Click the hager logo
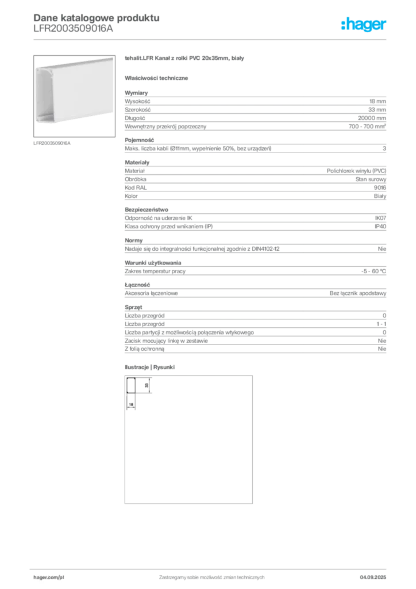click(363, 24)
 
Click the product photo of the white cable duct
click(74, 96)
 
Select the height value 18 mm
click(378, 101)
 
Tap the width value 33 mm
click(377, 110)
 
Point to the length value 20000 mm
click(372, 118)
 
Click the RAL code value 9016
click(380, 188)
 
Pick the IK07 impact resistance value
click(380, 218)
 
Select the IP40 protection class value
click(380, 227)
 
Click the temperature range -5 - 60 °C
click(373, 271)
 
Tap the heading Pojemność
click(139, 140)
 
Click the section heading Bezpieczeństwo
click(147, 209)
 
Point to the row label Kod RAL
click(136, 188)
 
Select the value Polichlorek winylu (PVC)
click(356, 171)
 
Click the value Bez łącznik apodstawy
click(358, 293)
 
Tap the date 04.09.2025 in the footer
click(373, 577)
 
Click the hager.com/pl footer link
click(49, 577)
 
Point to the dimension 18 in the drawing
click(131, 404)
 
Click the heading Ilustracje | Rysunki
click(149, 368)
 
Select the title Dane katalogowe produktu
click(97, 18)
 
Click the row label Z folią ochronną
click(144, 349)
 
